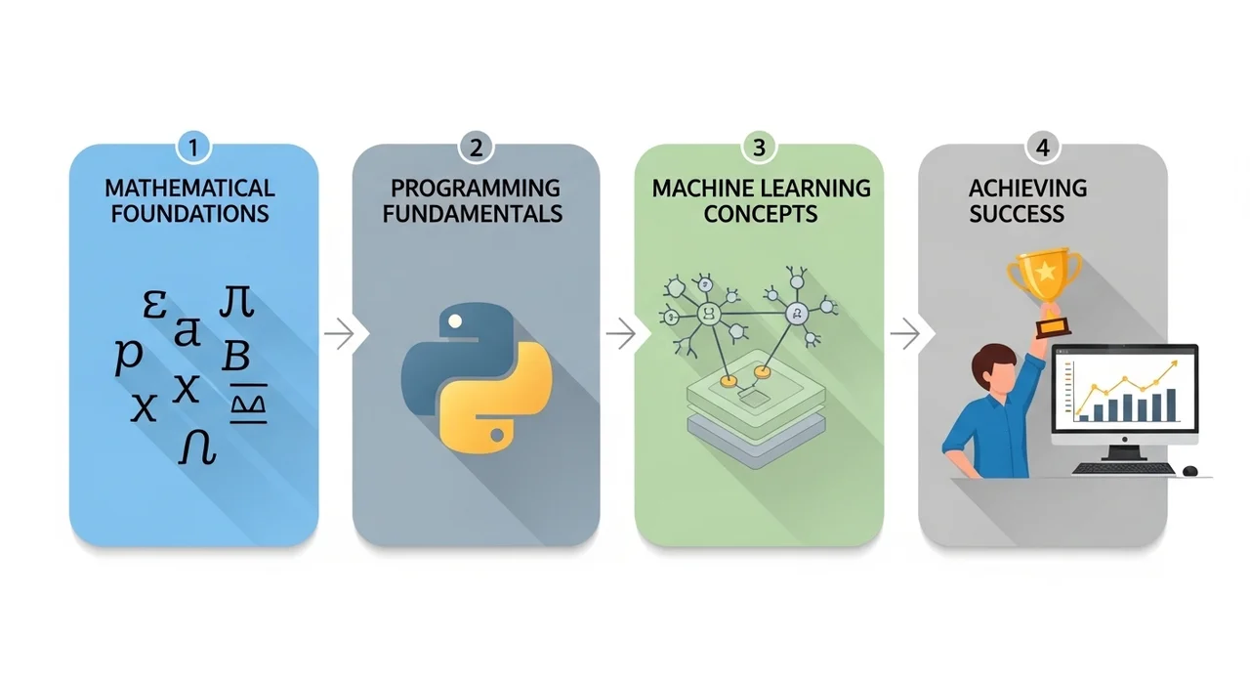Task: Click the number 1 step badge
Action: [193, 149]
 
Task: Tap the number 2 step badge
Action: [476, 149]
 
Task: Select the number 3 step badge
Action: [759, 149]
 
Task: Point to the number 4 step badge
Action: [1042, 149]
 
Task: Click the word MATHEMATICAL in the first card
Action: [189, 188]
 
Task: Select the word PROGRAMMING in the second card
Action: [476, 188]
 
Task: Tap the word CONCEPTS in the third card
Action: [759, 213]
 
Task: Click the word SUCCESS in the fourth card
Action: [1017, 213]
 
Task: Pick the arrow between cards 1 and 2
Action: [338, 335]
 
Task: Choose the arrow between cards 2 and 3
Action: [620, 335]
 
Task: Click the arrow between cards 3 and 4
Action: [904, 335]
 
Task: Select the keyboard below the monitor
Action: [1122, 469]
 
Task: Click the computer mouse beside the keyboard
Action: [1189, 471]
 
